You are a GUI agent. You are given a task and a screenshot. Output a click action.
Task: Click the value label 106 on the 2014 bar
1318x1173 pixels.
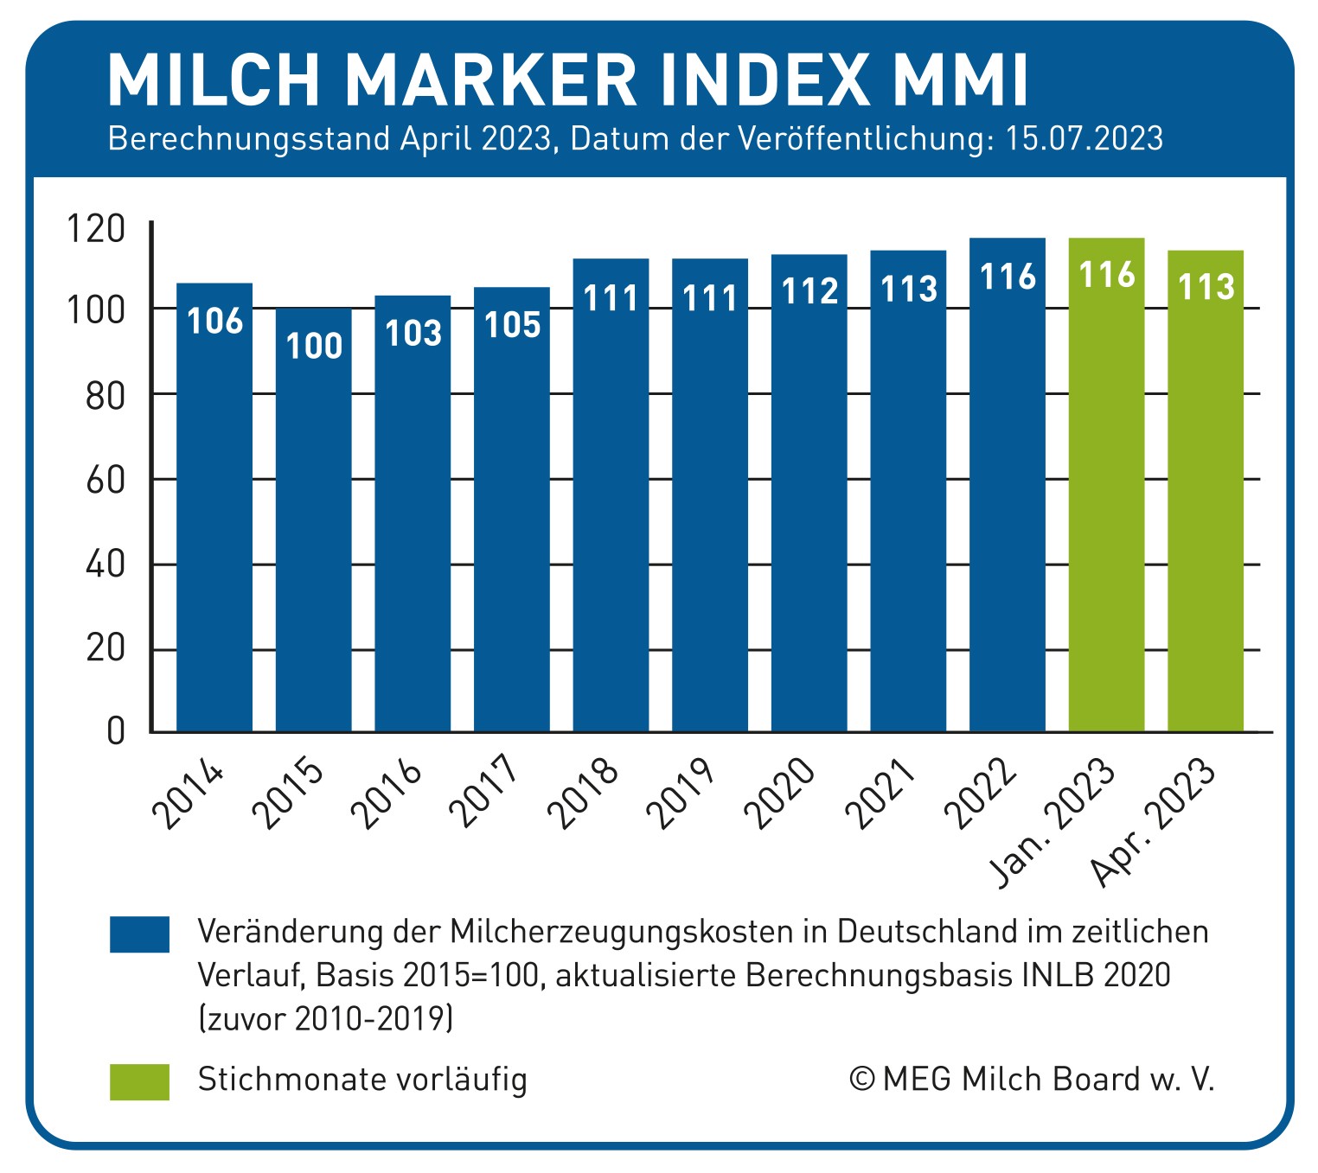(215, 321)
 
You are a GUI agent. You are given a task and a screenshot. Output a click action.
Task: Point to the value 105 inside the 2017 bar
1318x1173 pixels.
(512, 325)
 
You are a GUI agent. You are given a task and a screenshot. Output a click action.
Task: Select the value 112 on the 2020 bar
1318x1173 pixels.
(809, 291)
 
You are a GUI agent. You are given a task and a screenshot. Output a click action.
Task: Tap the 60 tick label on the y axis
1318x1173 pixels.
(106, 480)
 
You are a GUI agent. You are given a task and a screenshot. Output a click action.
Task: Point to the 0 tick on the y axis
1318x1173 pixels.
(116, 731)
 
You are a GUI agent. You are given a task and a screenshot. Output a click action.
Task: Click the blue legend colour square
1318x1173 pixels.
(139, 934)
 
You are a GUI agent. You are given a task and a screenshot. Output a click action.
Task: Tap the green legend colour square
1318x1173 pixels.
(139, 1081)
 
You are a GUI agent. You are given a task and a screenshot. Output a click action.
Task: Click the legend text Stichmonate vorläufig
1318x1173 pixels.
(362, 1080)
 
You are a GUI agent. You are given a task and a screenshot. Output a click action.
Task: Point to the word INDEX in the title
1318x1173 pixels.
(765, 80)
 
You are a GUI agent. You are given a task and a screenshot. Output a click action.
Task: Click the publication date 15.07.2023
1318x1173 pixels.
(1084, 139)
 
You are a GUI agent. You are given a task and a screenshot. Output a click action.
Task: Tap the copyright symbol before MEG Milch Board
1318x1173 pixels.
(861, 1079)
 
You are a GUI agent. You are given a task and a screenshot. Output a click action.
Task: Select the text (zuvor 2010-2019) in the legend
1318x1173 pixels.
(325, 1019)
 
